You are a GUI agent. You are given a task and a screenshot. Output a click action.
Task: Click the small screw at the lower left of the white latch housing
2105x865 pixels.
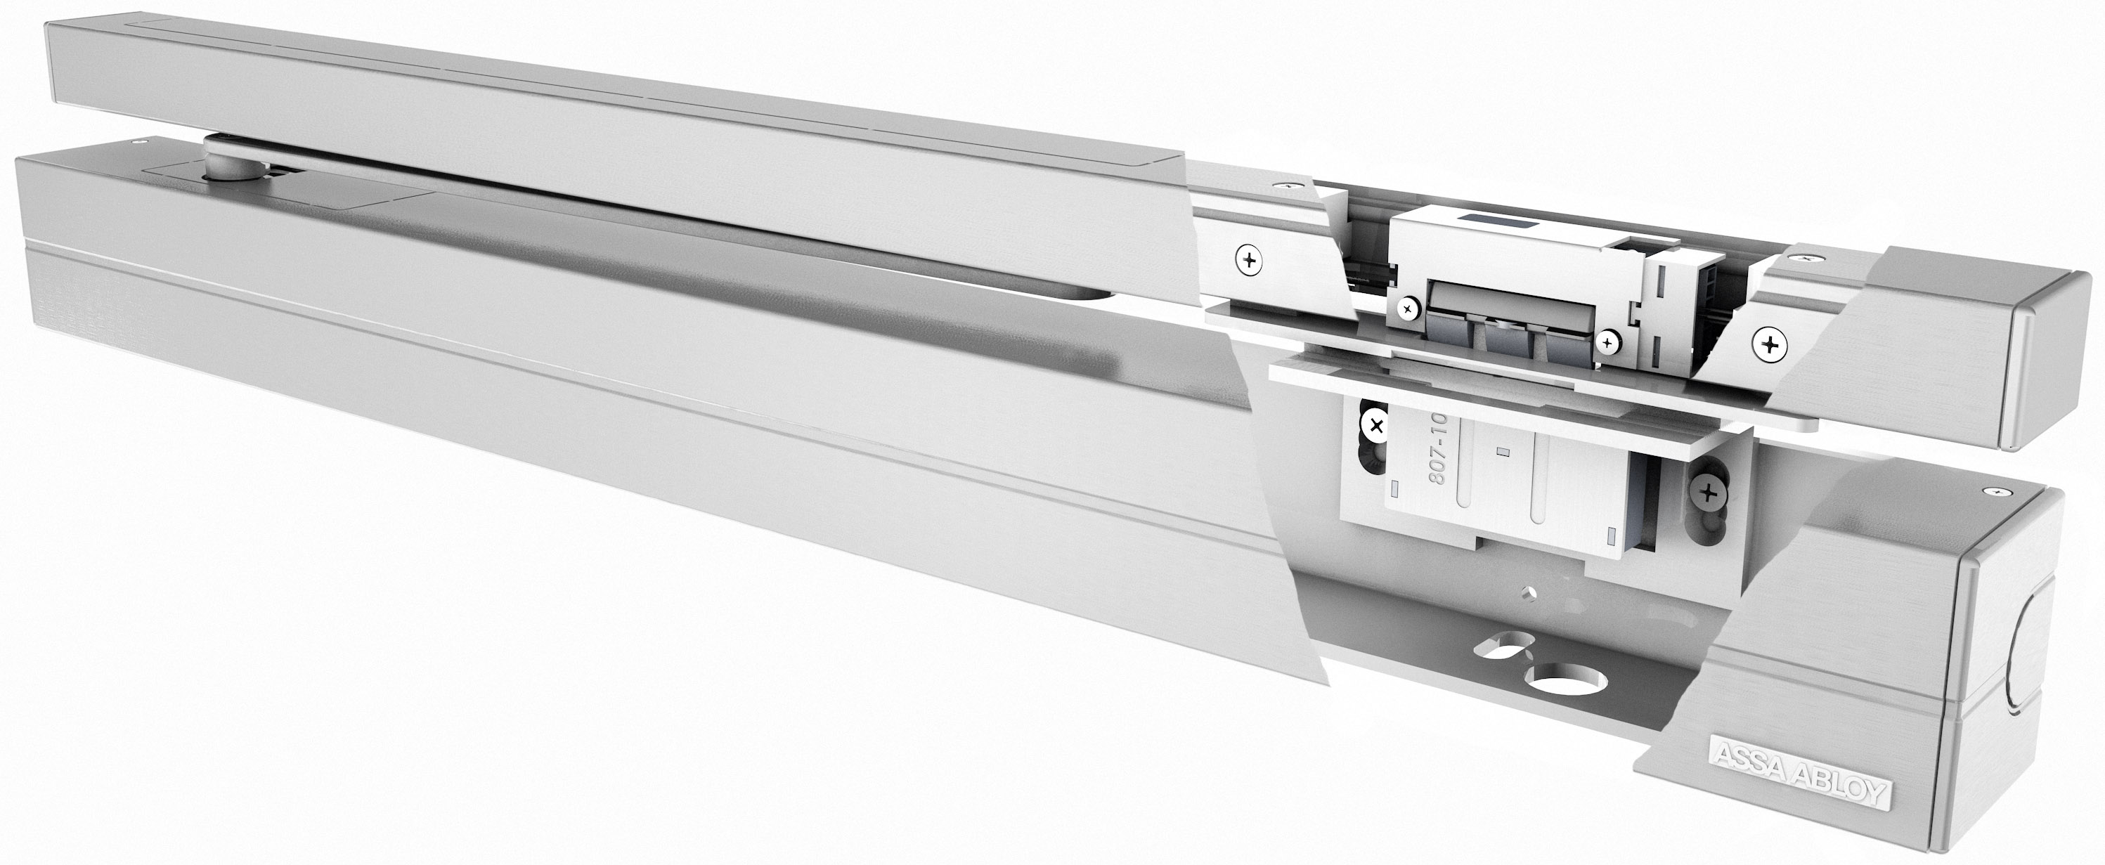tap(1406, 308)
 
